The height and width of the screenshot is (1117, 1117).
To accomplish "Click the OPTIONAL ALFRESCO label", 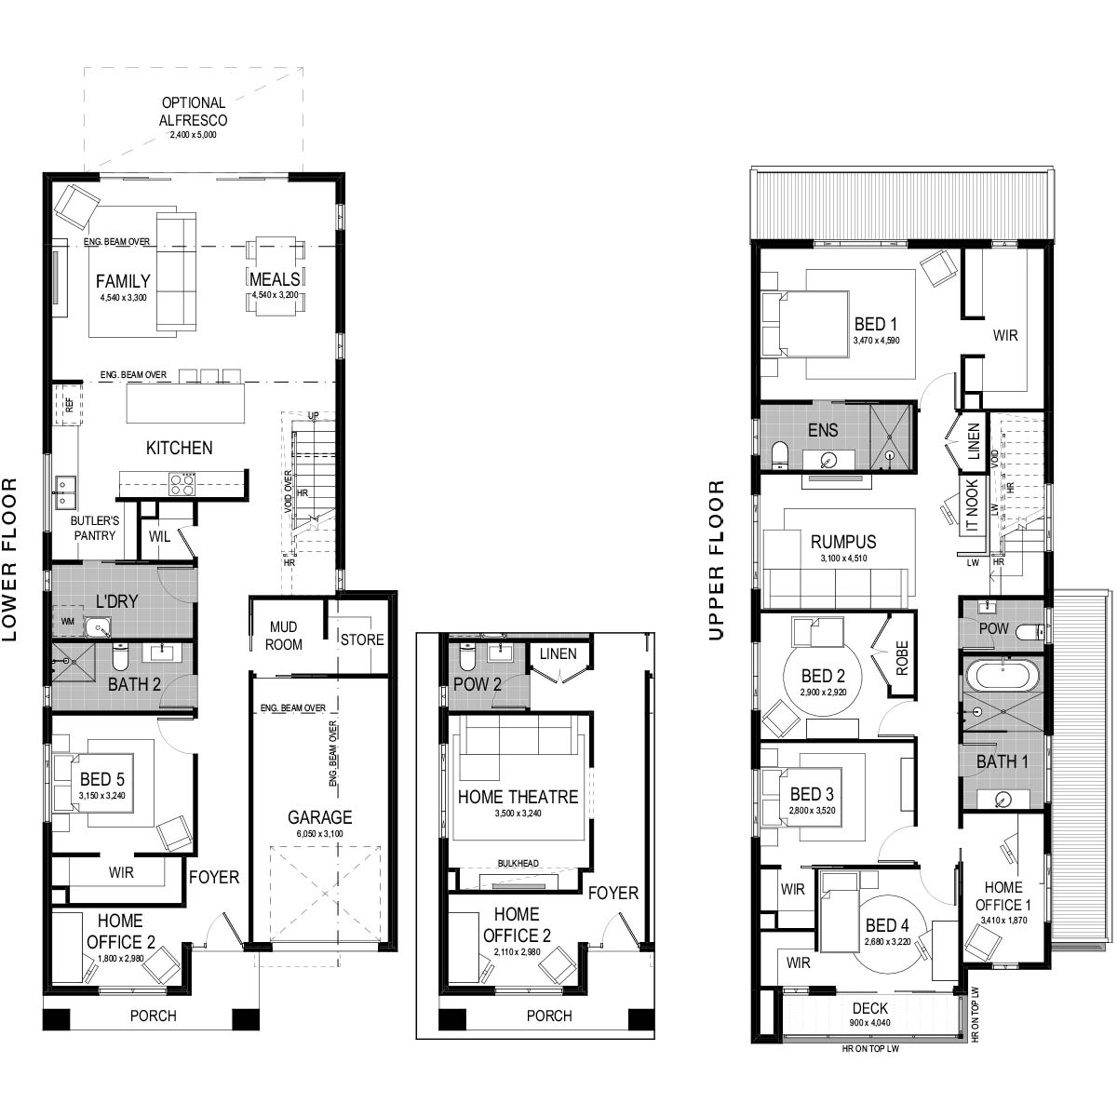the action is [193, 112].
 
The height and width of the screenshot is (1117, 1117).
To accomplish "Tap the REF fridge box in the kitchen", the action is [69, 404].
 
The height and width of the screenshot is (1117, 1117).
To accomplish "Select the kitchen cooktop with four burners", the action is [182, 483].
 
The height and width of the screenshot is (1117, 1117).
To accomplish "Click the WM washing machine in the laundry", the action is [67, 622].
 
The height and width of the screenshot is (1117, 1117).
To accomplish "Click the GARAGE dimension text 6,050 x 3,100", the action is [320, 833].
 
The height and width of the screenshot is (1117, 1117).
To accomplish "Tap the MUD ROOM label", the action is [284, 636].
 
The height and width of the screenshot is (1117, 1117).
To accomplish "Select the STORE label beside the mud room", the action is [362, 639].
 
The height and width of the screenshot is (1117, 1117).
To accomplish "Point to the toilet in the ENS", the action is [780, 455].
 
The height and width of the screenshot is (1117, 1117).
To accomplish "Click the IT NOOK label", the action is [972, 505].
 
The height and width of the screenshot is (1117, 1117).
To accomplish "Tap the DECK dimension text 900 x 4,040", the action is [869, 1023].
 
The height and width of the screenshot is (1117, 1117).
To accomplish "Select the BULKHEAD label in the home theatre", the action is [518, 863].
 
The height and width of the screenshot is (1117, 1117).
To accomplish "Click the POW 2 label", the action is [478, 684].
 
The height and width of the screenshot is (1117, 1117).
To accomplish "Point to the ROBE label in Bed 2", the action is [902, 658].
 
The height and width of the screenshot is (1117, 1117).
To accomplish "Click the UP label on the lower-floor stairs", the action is [313, 415].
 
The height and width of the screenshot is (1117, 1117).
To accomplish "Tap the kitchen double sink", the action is [65, 491].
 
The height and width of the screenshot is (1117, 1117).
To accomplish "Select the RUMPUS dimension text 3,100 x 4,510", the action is [843, 558].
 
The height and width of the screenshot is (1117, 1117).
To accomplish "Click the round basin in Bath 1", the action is [1002, 801].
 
